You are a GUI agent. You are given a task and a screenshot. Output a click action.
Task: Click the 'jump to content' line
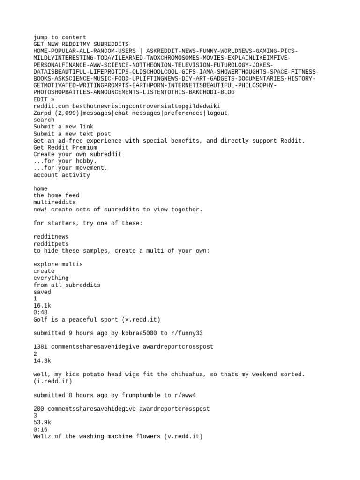(60, 37)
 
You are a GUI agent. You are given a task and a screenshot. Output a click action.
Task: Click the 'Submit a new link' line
(63, 127)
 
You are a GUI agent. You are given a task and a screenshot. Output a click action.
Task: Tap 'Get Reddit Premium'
(65, 147)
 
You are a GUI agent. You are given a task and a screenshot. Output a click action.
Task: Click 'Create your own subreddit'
(77, 154)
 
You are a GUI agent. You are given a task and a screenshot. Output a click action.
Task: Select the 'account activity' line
(61, 175)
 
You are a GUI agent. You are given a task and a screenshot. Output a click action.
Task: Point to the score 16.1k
(42, 306)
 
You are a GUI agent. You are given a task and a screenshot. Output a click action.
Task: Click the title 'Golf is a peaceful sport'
(75, 320)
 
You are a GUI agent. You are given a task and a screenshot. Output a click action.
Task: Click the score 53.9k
(42, 423)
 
